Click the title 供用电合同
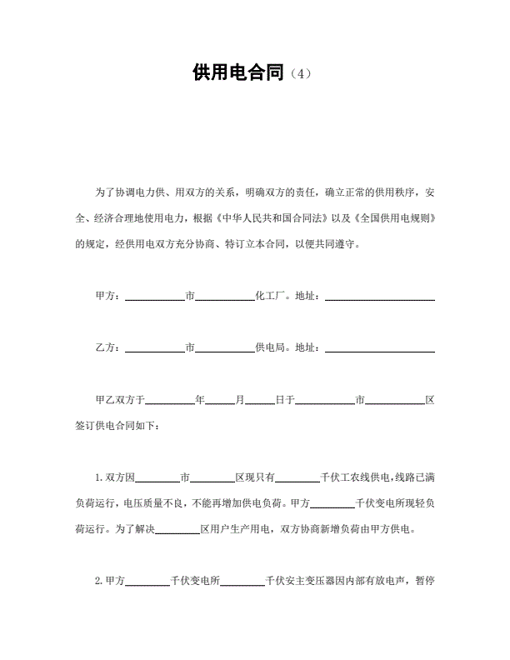237,73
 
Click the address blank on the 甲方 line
379,296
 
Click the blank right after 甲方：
154,296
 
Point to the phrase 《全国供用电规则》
392,219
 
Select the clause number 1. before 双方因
100,478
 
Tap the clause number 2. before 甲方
100,581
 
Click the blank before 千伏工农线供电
297,478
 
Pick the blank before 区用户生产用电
177,529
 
